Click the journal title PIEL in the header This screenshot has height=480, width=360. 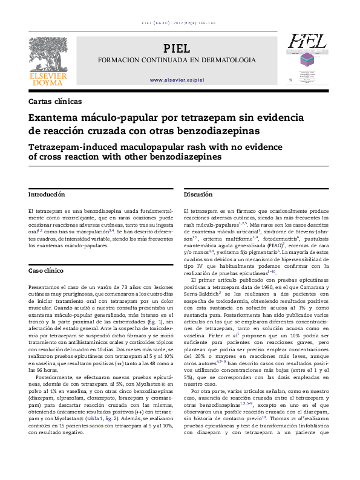[x=177, y=48]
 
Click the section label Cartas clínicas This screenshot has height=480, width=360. [x=55, y=102]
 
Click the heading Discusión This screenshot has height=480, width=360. [x=198, y=195]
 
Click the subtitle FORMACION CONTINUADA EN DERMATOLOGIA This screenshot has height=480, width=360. [x=177, y=60]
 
